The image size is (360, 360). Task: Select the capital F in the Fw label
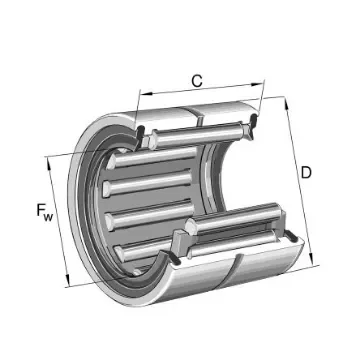click(37, 211)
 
